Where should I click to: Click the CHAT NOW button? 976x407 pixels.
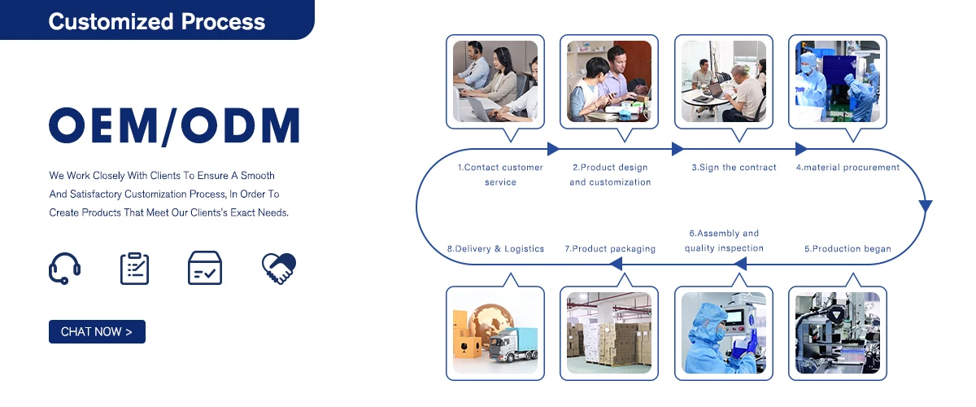[x=97, y=331]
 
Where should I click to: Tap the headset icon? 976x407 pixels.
[x=64, y=268]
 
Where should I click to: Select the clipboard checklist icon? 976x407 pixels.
[x=134, y=268]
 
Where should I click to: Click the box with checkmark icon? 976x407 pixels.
[x=204, y=268]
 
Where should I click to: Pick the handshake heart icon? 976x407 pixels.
[x=279, y=268]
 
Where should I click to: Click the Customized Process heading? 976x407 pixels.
[x=156, y=21]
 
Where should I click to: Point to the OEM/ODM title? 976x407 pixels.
[x=174, y=127]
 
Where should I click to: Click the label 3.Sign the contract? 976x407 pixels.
[x=734, y=168]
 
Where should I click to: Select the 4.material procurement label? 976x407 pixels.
[x=847, y=168]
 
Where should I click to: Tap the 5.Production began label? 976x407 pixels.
[x=847, y=249]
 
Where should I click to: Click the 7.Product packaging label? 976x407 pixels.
[x=610, y=249]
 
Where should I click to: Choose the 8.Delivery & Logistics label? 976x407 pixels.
[x=495, y=249]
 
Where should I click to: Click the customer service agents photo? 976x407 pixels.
[x=495, y=81]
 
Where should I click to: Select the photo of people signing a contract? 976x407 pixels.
[x=723, y=81]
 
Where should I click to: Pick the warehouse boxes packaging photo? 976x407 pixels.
[x=610, y=333]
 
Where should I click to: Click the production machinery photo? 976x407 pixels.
[x=838, y=333]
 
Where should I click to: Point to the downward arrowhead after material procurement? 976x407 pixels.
[x=925, y=206]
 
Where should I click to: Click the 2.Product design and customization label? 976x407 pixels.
[x=610, y=175]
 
